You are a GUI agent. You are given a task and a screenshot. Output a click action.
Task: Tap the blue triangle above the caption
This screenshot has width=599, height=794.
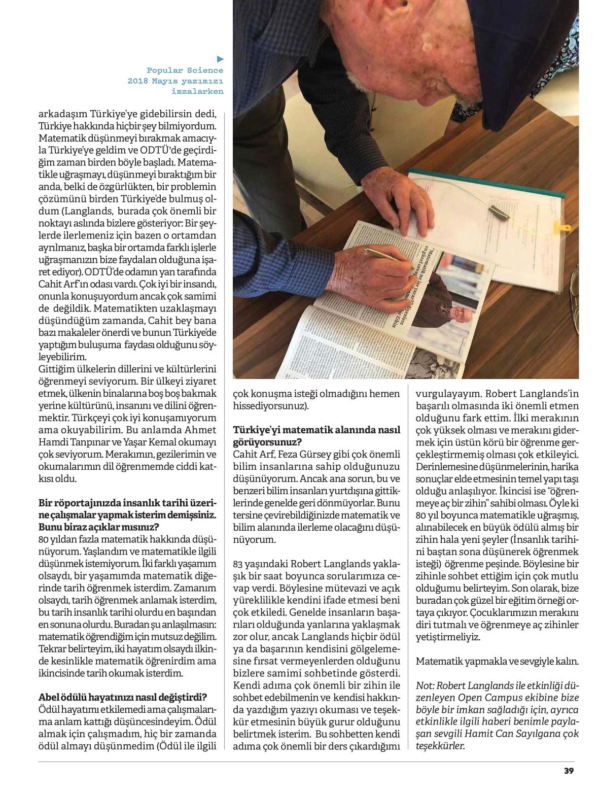(x=220, y=59)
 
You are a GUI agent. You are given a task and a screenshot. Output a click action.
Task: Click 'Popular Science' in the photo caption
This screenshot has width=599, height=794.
(x=185, y=71)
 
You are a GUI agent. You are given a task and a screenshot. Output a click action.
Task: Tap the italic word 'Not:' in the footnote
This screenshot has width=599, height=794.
(x=425, y=685)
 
